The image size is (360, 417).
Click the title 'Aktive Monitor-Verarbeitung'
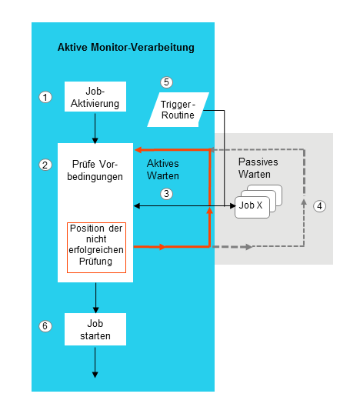point(125,48)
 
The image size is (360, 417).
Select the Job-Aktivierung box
point(95,98)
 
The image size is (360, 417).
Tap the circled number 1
point(45,97)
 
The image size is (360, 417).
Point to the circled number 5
point(165,82)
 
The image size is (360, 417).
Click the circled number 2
point(45,165)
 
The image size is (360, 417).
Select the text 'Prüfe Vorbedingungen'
point(96,171)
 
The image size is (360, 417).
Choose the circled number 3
point(165,195)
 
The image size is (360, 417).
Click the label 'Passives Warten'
point(258,168)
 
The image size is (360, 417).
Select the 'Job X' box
point(251,206)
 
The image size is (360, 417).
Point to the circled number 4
point(320,206)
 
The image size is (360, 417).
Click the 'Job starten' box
point(95,329)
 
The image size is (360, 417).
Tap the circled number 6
point(45,326)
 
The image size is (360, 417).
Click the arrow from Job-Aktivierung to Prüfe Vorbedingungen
point(95,129)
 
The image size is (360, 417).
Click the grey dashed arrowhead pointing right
point(247,247)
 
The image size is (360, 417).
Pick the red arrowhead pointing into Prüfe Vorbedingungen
point(139,150)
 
